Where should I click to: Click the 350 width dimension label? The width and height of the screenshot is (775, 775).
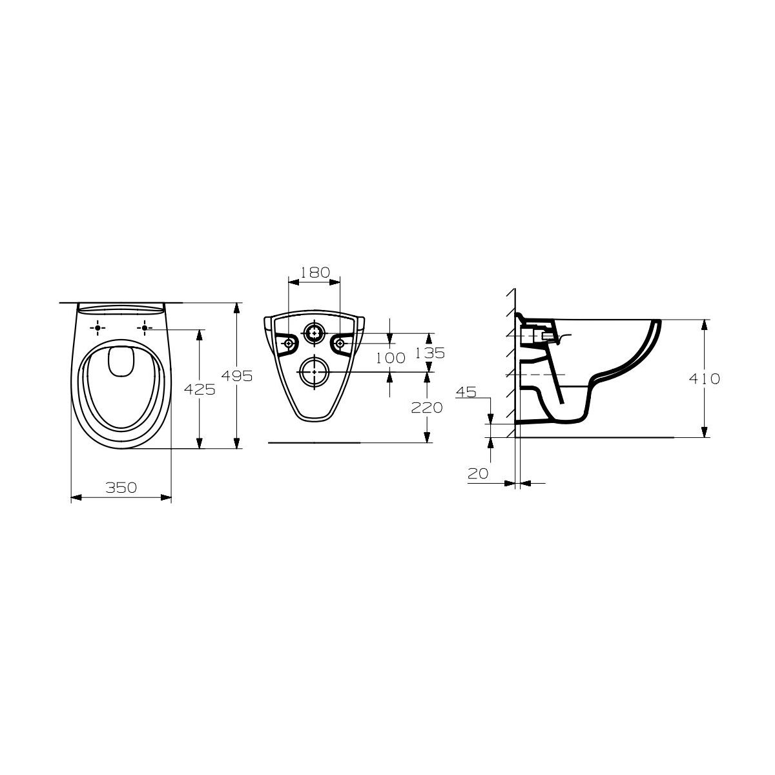121,488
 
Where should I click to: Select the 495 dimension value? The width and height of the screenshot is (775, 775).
237,376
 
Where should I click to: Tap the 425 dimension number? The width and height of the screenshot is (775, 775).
200,389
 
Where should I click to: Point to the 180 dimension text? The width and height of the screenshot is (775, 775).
315,273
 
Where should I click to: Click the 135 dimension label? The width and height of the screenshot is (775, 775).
429,353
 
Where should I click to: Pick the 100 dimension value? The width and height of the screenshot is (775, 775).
390,358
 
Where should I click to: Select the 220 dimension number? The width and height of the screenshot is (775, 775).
427,408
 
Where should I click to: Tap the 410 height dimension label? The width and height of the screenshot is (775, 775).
704,379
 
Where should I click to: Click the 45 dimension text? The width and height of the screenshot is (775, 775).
466,392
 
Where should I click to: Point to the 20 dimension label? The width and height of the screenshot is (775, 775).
478,474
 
